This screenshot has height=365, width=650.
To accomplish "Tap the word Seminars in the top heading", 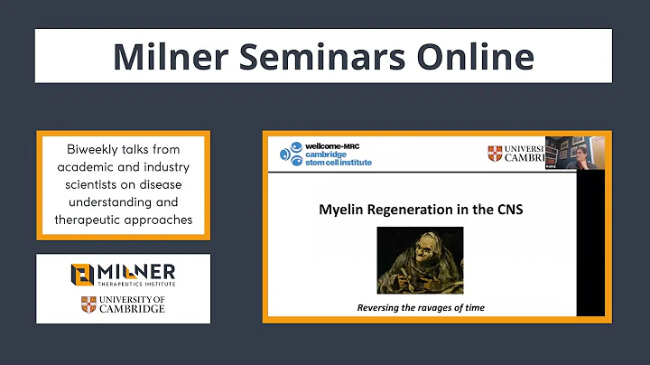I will pyautogui.click(x=316, y=56).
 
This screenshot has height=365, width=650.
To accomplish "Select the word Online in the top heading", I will pyautogui.click(x=469, y=56).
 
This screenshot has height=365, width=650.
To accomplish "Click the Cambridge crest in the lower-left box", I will pyautogui.click(x=88, y=304).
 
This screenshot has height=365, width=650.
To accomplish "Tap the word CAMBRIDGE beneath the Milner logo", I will pyautogui.click(x=132, y=309).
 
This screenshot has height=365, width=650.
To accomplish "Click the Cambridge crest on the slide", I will pyautogui.click(x=494, y=154).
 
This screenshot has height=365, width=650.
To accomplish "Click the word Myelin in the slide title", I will pyautogui.click(x=343, y=211).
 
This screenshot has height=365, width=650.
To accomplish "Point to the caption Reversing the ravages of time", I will pyautogui.click(x=419, y=308).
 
